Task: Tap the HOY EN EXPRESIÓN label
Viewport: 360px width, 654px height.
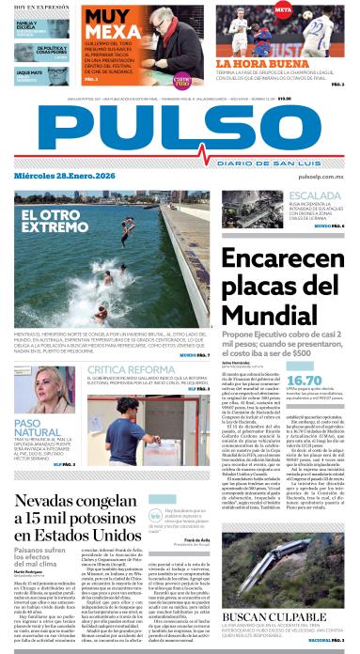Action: pyautogui.click(x=36, y=7)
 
